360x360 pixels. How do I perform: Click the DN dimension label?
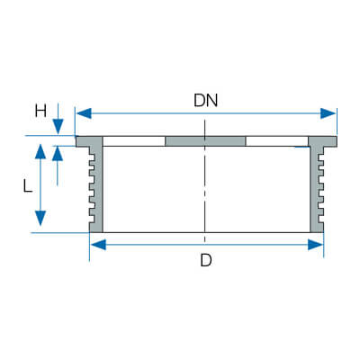point(205,101)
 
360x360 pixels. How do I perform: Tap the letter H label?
point(40,111)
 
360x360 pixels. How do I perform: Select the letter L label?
point(28,185)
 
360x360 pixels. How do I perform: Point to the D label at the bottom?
point(206,260)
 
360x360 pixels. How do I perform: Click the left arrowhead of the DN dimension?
point(84,113)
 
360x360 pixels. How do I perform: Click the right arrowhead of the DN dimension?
point(328,113)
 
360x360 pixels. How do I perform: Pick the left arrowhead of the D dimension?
point(98,245)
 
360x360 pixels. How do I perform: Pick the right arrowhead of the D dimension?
point(315,245)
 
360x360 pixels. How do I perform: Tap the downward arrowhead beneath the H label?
point(58,126)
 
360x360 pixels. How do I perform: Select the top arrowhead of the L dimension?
point(40,151)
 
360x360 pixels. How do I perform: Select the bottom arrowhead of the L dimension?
point(40,218)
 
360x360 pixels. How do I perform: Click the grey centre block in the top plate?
point(205,141)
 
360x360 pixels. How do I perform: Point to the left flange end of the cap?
point(82,141)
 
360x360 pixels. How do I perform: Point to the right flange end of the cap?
point(330,141)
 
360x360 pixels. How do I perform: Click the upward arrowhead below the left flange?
point(58,154)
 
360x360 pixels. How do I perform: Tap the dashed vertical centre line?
point(205,181)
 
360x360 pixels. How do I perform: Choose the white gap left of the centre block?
point(134,141)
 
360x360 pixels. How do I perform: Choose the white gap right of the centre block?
point(277,141)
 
